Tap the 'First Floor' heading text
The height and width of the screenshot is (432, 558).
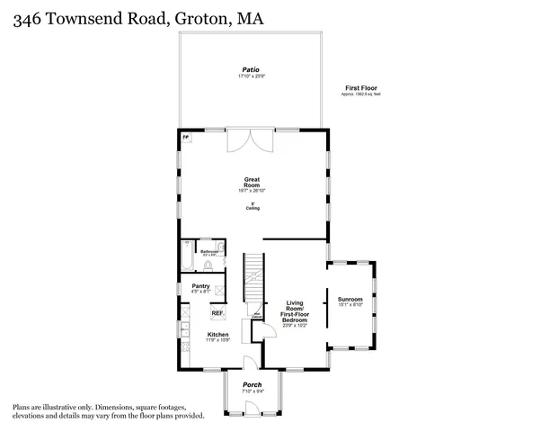(x=359, y=87)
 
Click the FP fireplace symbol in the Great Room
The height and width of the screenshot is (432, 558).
(x=186, y=138)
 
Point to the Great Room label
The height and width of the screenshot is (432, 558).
(x=252, y=183)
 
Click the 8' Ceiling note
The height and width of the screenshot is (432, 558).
(x=252, y=206)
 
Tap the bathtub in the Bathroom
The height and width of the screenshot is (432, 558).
(x=186, y=256)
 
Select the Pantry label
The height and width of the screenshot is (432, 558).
(x=200, y=286)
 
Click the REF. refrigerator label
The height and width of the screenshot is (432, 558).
(x=217, y=313)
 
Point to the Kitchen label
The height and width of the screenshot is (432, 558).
(x=218, y=334)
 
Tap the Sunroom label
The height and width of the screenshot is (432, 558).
(x=350, y=299)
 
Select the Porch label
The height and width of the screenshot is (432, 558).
(x=252, y=385)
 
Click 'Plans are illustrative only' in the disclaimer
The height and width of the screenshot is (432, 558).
(x=53, y=408)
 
